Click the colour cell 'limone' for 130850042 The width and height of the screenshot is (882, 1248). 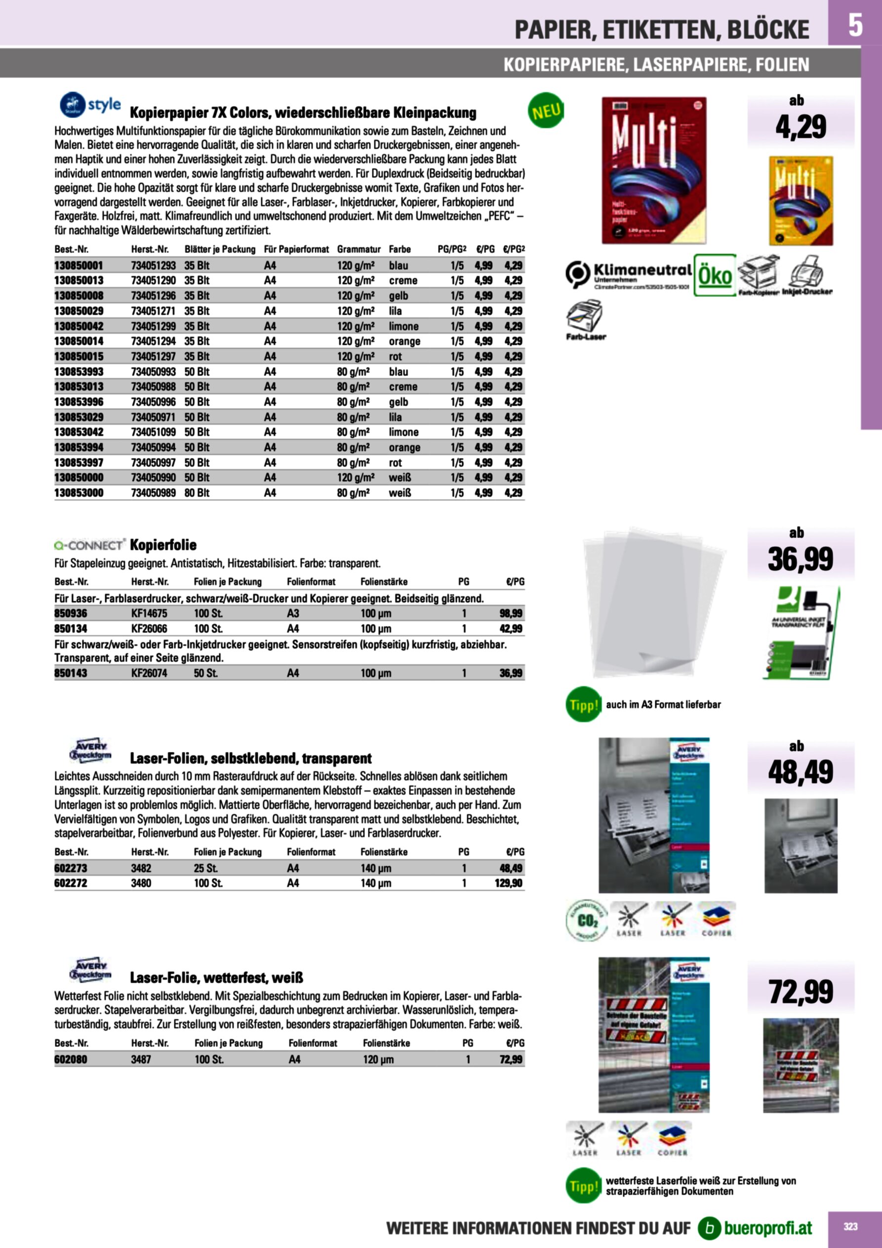click(403, 326)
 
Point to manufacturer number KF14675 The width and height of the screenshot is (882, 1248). click(149, 613)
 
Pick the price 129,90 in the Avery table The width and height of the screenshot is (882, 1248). click(508, 883)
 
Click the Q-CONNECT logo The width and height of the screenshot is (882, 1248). click(90, 544)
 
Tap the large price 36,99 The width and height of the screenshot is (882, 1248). click(800, 559)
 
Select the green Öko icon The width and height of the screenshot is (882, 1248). click(715, 275)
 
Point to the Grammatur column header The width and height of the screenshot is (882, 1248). click(359, 250)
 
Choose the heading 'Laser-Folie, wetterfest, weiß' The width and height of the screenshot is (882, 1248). click(216, 978)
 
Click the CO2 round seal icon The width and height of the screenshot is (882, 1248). click(586, 919)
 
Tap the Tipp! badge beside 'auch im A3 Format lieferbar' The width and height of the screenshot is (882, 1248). click(583, 705)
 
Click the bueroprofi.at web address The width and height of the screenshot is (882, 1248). click(767, 1227)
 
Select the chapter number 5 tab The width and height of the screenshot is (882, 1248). click(855, 25)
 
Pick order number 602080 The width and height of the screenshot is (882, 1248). click(71, 1059)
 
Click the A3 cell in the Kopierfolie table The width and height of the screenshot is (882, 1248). click(293, 613)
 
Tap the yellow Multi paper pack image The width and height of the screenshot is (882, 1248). click(801, 201)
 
